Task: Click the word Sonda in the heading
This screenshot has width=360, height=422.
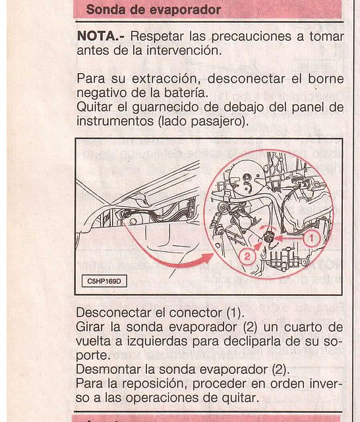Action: (106, 10)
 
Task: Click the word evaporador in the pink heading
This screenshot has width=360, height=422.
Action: (185, 11)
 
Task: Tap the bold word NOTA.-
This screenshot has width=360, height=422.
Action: (101, 36)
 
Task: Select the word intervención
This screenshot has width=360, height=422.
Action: (184, 50)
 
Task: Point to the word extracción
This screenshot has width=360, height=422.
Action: (166, 79)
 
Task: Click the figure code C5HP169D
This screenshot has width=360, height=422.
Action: (104, 282)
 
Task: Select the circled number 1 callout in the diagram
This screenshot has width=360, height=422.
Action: (311, 239)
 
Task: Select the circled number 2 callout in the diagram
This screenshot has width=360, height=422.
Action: (247, 256)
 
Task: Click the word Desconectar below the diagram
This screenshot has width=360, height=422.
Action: (114, 313)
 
